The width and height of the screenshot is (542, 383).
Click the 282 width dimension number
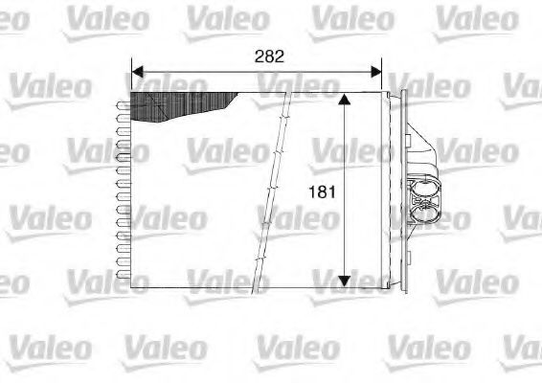tap(269, 56)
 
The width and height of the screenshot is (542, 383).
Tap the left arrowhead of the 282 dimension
tap(136, 72)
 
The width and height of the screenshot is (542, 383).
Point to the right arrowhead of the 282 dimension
tap(376, 72)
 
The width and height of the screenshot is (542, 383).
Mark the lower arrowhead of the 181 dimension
tap(347, 283)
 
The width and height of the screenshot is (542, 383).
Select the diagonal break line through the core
tap(274, 191)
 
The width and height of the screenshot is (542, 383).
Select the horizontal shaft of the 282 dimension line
tap(211, 72)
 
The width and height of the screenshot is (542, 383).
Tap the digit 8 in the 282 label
tap(269, 56)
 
